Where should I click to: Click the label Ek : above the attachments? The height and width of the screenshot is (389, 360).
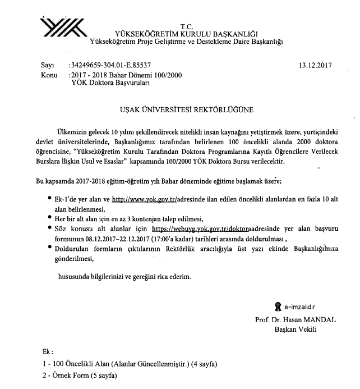pos(47,352)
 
